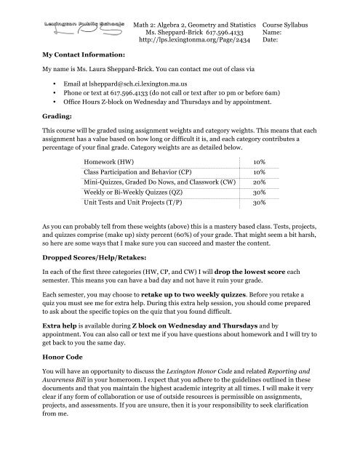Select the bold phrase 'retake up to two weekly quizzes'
click(233, 320)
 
